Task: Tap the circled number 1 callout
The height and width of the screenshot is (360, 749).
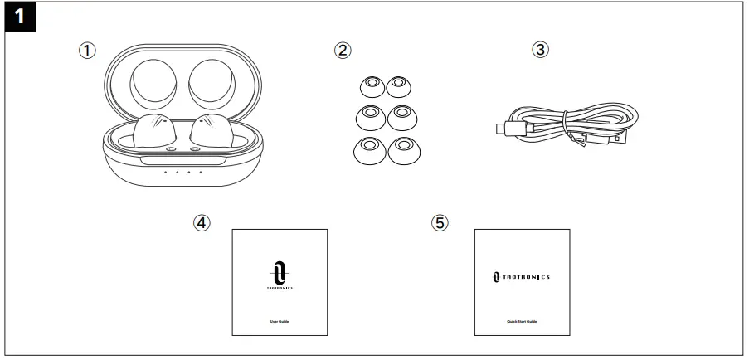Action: (87, 50)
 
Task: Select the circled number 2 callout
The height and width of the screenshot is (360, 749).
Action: (343, 50)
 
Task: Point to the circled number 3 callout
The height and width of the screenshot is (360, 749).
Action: (540, 50)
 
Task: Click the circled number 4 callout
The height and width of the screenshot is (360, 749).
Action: (202, 223)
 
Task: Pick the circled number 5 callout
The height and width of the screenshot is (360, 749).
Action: (440, 223)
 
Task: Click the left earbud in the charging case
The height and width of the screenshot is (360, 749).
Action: (152, 133)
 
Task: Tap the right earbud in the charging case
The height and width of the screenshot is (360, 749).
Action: (215, 133)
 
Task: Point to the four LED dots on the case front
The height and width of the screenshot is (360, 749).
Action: (182, 173)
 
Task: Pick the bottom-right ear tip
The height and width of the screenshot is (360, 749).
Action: (404, 148)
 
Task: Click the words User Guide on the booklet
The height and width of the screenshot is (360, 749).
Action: (279, 320)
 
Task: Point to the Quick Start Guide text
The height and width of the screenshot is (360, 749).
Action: (522, 320)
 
